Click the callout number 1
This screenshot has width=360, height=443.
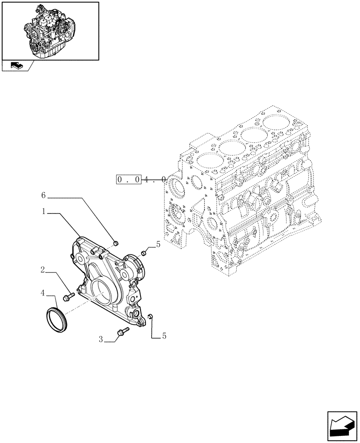click(x=45, y=212)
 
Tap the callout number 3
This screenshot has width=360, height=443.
click(x=101, y=340)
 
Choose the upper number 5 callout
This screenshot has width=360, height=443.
click(x=158, y=244)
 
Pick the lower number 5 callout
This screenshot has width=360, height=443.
click(x=164, y=336)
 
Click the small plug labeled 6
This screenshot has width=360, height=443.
click(x=117, y=242)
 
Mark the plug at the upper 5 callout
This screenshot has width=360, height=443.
click(x=144, y=253)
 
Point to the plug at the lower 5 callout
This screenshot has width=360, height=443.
click(x=150, y=316)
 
